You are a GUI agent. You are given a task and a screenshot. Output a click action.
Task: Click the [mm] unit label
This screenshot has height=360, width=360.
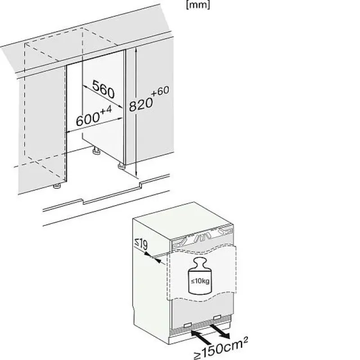coord(198,5)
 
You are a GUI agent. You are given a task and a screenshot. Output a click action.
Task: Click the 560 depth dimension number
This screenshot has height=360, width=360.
coord(103,89)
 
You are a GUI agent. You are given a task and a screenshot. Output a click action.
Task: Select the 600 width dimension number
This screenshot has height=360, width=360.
coord(88,119)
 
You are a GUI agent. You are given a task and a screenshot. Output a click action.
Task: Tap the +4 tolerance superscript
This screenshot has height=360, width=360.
coord(106,110)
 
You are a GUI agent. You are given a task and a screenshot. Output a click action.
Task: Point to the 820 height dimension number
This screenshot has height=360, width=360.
coord(141,104)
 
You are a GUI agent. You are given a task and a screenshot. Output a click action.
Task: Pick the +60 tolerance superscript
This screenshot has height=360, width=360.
coord(160,91)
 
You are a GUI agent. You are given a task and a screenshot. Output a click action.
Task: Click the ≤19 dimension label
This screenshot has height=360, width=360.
coord(141,244)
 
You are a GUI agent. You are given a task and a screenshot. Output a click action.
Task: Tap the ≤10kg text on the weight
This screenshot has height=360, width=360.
coord(200,281)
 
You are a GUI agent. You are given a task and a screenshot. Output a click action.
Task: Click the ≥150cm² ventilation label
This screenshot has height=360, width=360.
coord(221,348)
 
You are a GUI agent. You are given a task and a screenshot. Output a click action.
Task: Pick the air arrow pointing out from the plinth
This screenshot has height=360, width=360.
coord(220,331)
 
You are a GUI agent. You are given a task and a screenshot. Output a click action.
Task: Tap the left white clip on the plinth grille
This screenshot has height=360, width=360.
coord(187,325)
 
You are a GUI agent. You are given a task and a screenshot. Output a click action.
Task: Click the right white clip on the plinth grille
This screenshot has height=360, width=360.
coord(217,317)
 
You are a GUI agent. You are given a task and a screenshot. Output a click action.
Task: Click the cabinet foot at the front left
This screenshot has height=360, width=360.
coord(57,186)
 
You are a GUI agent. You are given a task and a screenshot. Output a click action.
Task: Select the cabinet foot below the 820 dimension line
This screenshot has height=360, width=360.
coord(121,166)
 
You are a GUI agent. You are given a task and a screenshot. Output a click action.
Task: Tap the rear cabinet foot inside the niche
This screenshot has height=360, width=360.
coord(96,151)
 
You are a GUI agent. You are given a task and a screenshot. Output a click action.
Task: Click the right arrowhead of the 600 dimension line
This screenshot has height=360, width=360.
coord(120,119)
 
